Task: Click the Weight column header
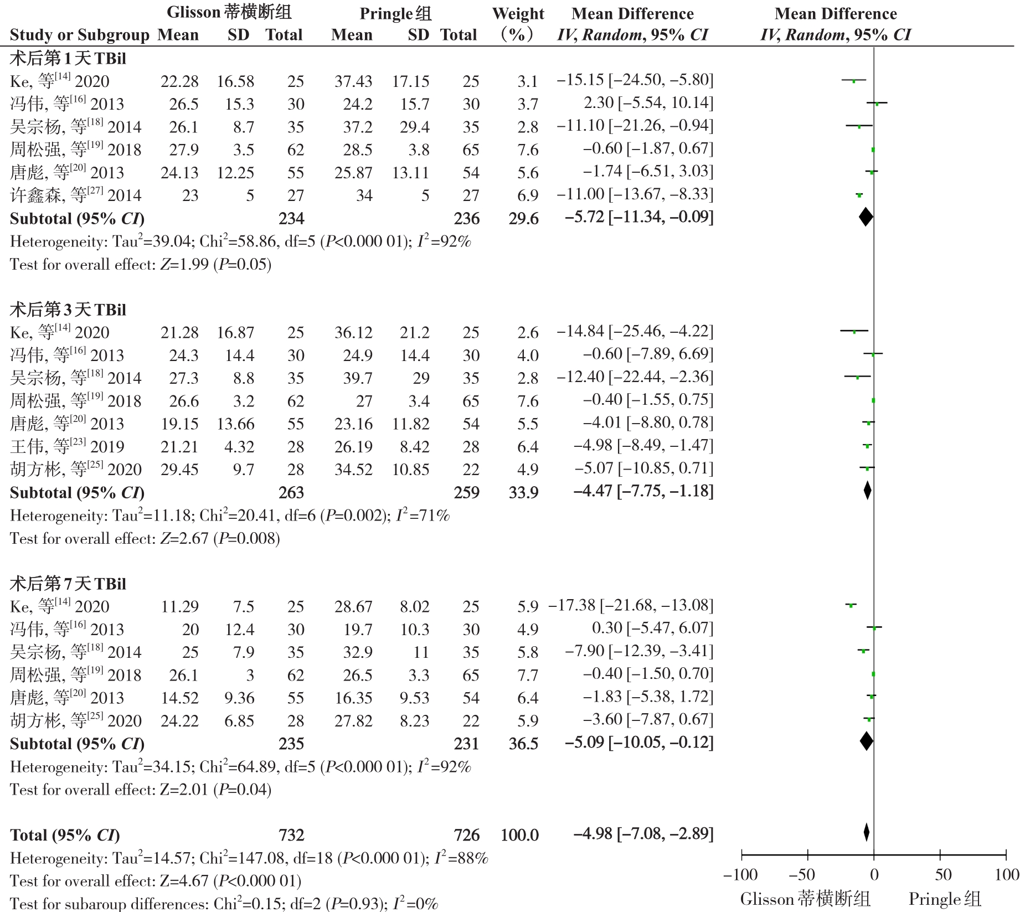click(x=518, y=14)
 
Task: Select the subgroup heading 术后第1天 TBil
click(x=68, y=59)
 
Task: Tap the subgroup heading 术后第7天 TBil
click(x=68, y=584)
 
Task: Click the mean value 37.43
click(x=353, y=81)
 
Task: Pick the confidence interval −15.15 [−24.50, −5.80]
click(x=635, y=80)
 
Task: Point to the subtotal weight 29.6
click(x=523, y=219)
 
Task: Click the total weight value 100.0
click(x=519, y=835)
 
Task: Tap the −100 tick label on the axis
click(x=740, y=875)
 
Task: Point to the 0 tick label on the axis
click(x=874, y=875)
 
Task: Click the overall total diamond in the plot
click(x=866, y=833)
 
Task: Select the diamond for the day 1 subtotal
click(x=866, y=217)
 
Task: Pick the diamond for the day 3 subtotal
click(x=867, y=490)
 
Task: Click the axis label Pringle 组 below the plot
click(x=945, y=899)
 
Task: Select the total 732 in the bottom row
click(x=291, y=835)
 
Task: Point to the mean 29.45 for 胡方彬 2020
click(x=179, y=470)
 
